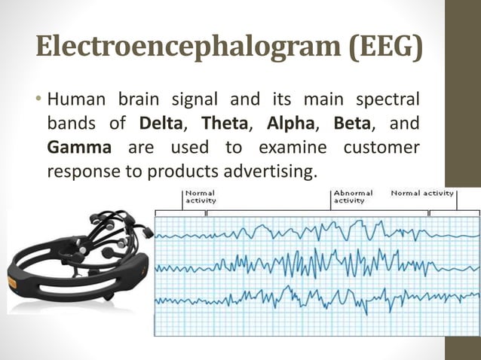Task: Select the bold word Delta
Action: click(x=159, y=121)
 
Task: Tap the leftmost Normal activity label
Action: click(x=201, y=197)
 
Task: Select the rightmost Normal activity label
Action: click(x=422, y=193)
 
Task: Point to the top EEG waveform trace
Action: click(x=317, y=229)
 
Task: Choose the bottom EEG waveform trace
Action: click(x=317, y=297)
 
